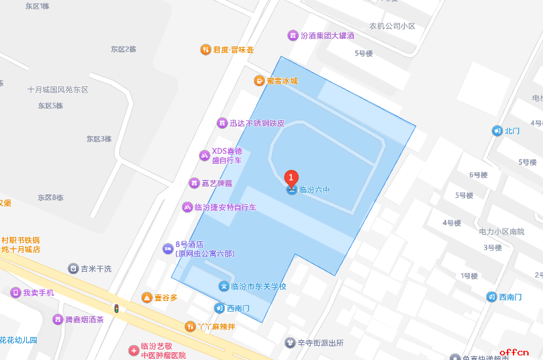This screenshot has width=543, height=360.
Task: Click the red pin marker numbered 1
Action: pos(291,177)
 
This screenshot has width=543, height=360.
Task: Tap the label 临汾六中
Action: pos(314,190)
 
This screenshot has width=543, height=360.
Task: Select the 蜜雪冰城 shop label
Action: pos(281,81)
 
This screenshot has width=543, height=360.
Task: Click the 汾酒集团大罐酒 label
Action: pos(327,35)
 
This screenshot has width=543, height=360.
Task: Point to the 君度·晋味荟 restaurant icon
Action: pos(205,50)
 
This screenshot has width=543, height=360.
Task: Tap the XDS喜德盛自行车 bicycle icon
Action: pos(205,155)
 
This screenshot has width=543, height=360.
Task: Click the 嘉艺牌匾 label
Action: pos(215,183)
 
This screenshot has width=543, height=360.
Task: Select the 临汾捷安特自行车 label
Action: pos(225,207)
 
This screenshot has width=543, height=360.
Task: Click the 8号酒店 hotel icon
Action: pos(168,249)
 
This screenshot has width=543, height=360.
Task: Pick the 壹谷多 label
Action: pos(166,298)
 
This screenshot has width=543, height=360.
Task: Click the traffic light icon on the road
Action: pos(117,308)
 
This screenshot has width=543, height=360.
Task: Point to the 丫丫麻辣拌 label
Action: pos(216,326)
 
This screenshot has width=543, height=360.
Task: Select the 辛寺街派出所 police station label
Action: pos(320,343)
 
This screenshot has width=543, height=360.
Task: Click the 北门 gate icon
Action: pos(497,131)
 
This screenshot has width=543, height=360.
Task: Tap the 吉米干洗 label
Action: pos(96,268)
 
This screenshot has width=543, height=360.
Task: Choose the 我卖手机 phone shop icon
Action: pos(15,293)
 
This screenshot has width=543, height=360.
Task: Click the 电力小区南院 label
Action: pos(501,232)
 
